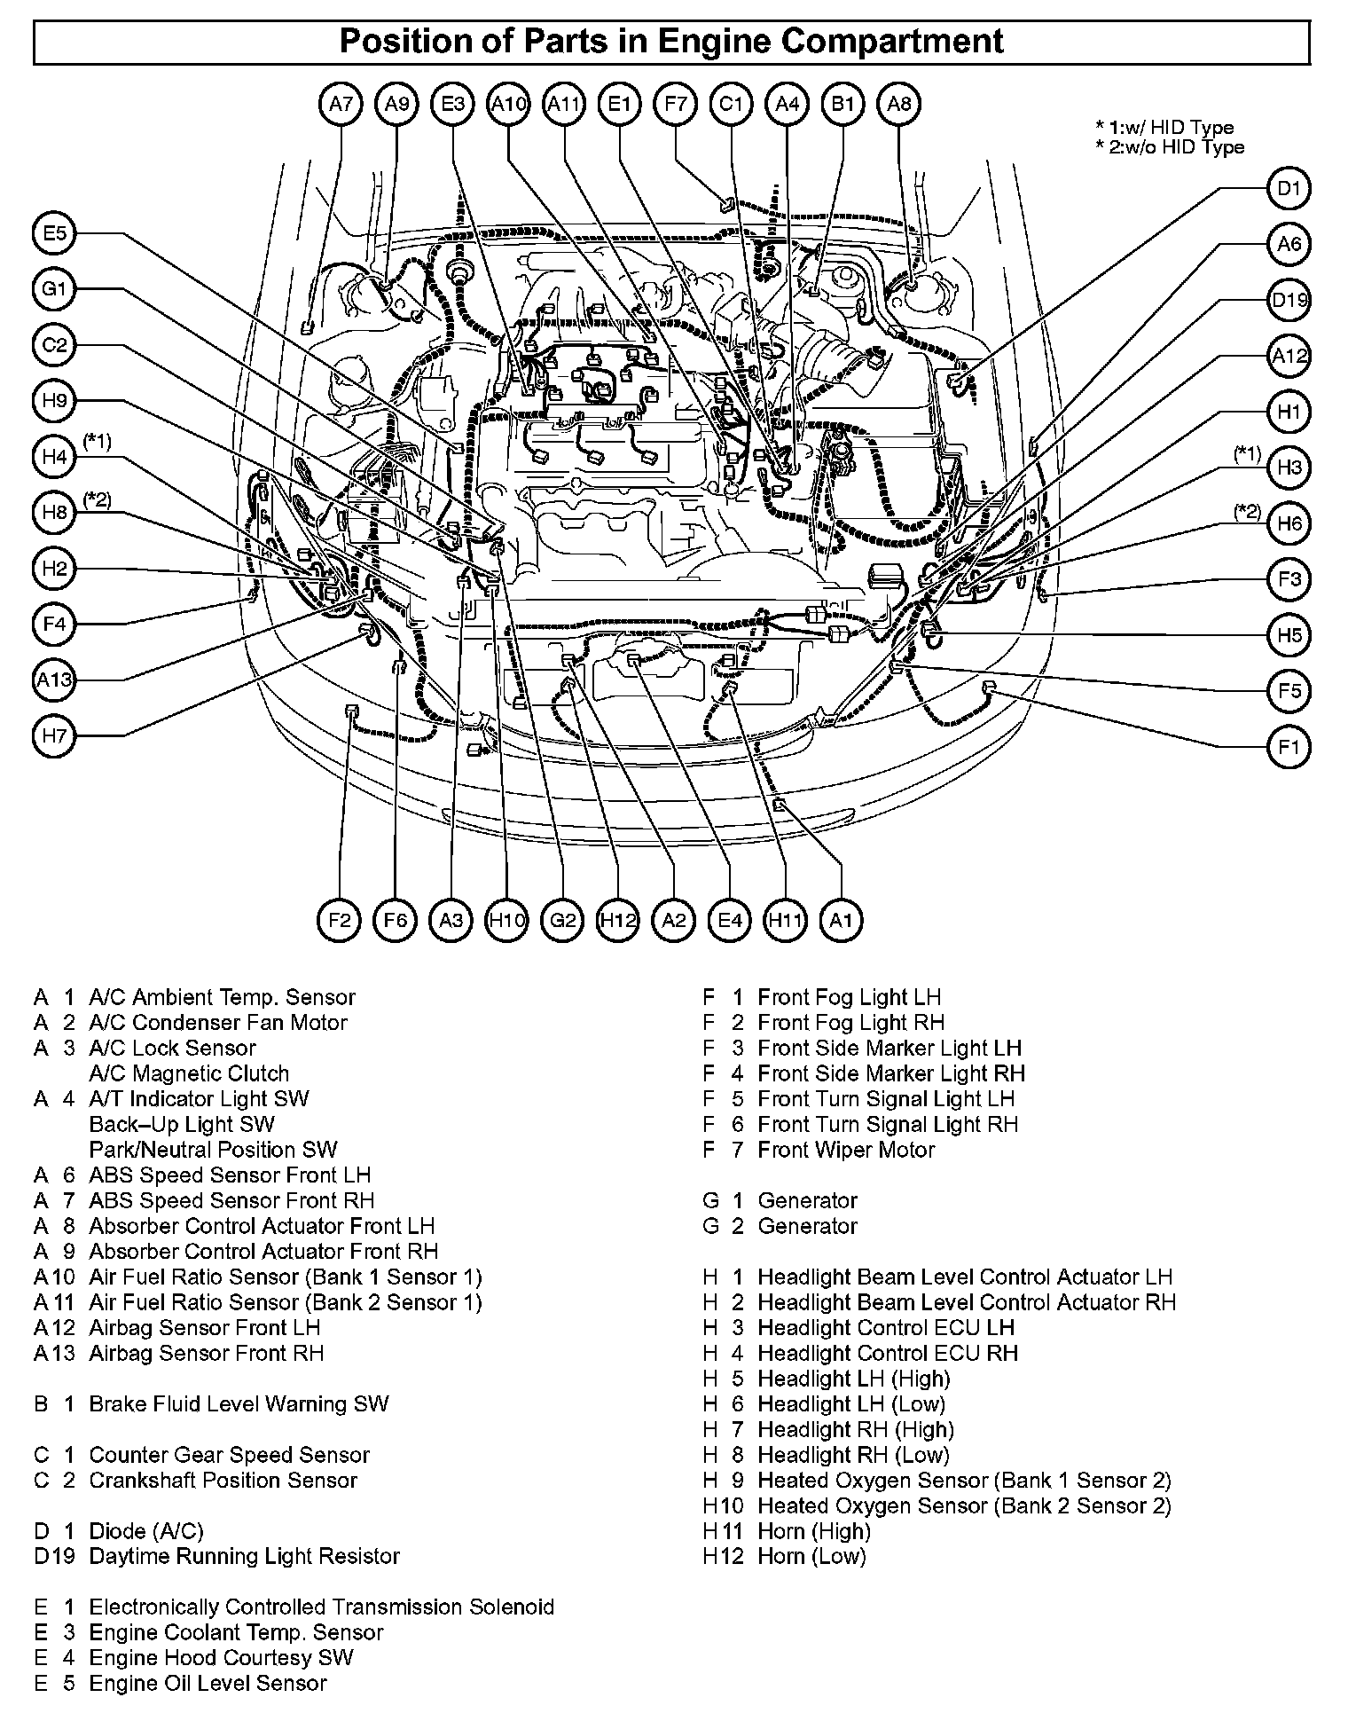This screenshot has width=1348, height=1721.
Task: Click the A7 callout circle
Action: [x=341, y=105]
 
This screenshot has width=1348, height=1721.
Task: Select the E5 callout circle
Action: [x=55, y=233]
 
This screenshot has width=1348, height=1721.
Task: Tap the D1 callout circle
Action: [x=1289, y=188]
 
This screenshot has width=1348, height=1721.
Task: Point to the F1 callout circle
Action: [x=1289, y=747]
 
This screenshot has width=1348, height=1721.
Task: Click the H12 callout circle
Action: [x=618, y=920]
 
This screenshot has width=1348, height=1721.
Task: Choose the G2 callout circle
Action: [x=563, y=920]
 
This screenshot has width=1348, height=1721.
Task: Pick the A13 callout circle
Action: [x=55, y=680]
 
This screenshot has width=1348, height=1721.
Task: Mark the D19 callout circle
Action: [x=1289, y=300]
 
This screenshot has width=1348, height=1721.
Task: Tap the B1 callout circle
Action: [x=842, y=105]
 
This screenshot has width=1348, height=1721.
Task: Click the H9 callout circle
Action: [x=55, y=401]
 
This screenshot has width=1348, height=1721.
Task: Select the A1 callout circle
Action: [x=841, y=920]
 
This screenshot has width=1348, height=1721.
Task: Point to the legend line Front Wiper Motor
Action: [x=845, y=1151]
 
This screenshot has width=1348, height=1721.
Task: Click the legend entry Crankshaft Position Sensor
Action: [x=223, y=1481]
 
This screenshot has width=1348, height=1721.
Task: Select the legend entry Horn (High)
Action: [x=813, y=1531]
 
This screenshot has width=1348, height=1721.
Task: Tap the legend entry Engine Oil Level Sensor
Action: [x=208, y=1684]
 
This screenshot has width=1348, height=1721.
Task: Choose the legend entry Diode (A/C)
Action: [x=146, y=1531]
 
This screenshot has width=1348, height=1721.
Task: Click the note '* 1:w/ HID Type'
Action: [x=1164, y=128]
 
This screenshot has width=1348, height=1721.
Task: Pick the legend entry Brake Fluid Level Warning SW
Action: [x=239, y=1404]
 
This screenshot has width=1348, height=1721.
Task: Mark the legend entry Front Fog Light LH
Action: [x=849, y=998]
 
